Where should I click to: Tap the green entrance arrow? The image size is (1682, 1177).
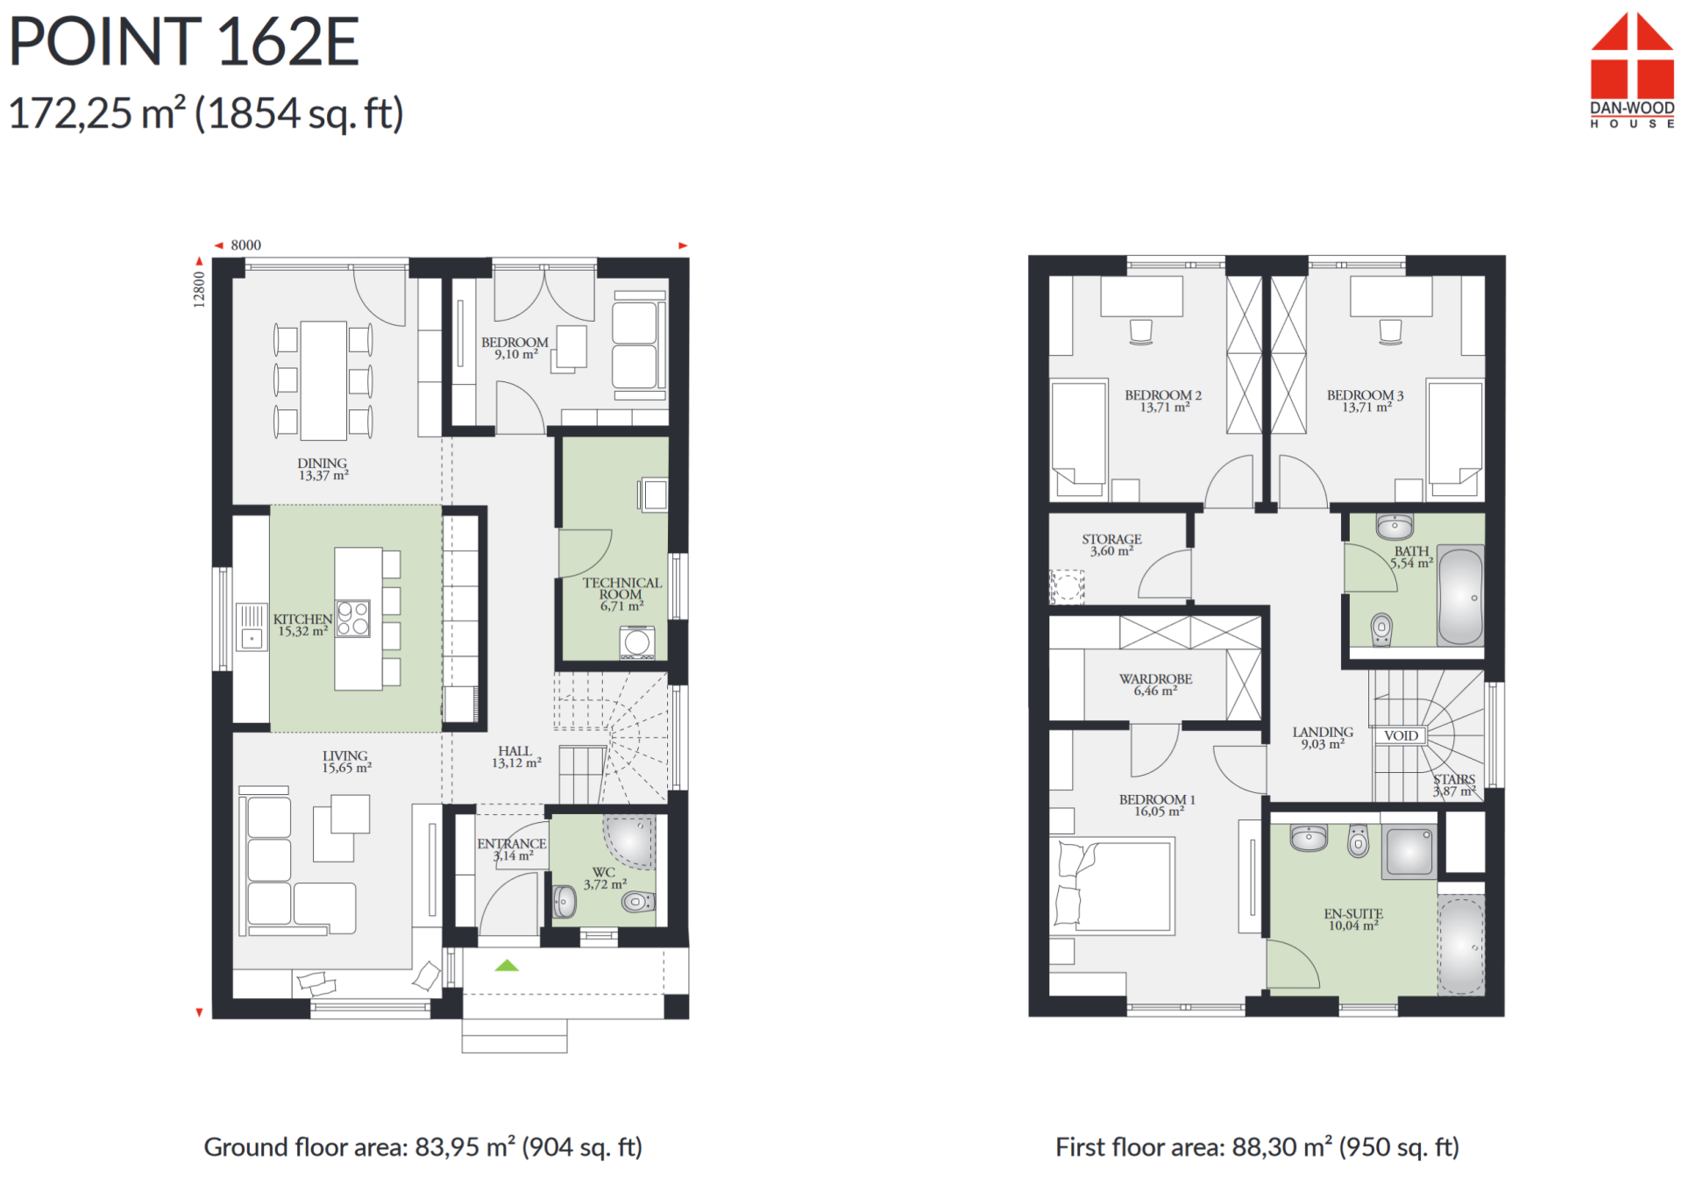507,965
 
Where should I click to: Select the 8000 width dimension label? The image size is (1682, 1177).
245,245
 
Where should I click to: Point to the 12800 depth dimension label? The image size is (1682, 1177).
199,289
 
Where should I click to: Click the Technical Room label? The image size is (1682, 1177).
621,594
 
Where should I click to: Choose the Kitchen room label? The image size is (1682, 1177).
302,625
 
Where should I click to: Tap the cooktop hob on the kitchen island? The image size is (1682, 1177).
353,618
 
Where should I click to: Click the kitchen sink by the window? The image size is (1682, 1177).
252,627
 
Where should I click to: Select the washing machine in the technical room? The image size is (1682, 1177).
637,642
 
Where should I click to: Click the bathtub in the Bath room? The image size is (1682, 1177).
1460,595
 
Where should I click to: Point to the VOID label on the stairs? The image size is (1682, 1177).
1401,735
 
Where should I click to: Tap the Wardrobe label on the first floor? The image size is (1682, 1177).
1155,684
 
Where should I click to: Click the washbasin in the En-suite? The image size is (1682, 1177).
1309,838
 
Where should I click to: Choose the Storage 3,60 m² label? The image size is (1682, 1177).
1111,545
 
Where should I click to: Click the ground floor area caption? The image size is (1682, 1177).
423,1146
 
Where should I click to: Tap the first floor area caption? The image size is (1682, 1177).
1257,1146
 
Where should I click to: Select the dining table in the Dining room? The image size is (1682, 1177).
323,380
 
